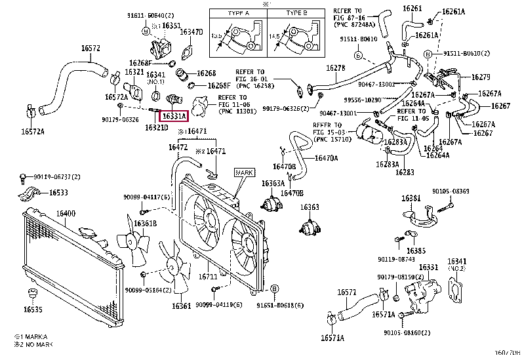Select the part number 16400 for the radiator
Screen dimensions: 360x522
66,214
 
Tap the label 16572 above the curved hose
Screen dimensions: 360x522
90,48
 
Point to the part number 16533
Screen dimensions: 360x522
58,193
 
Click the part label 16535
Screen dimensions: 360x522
32,309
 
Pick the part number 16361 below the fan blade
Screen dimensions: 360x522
182,306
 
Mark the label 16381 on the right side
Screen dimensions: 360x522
411,198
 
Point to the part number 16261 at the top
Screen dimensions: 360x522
412,9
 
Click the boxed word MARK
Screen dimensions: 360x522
243,172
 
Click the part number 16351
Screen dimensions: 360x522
171,26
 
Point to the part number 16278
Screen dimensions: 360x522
335,68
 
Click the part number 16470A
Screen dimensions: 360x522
326,158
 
